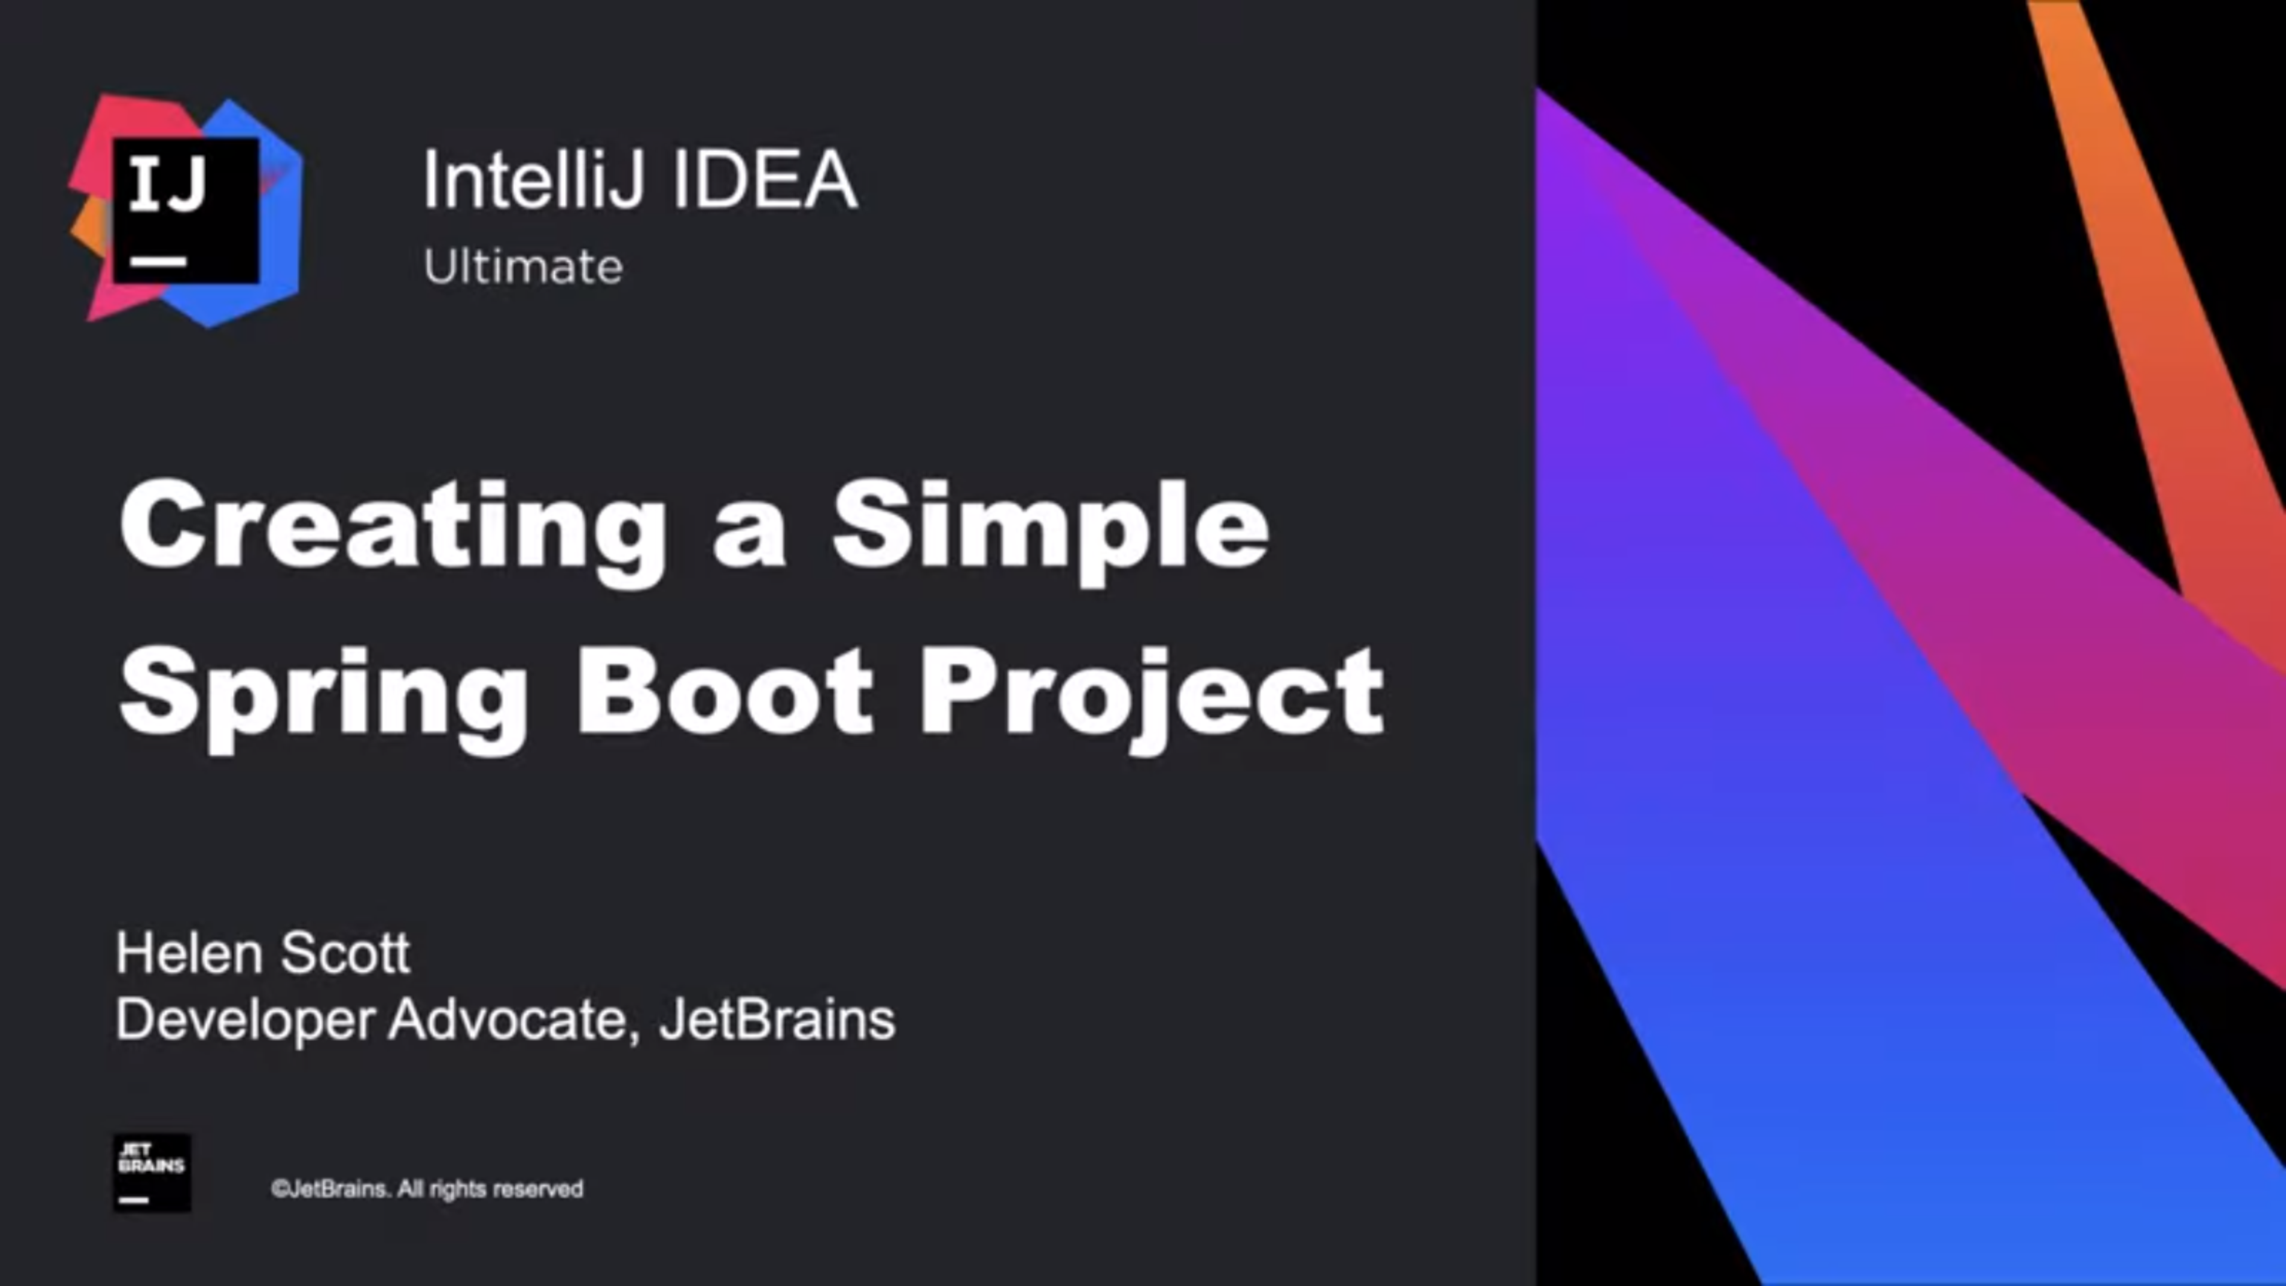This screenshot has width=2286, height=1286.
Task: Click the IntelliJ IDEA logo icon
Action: pyautogui.click(x=185, y=211)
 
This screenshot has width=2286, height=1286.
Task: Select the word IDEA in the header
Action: pyautogui.click(x=765, y=179)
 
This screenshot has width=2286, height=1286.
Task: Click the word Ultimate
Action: pyautogui.click(x=522, y=266)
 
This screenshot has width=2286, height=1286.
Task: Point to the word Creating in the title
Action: pyautogui.click(x=393, y=531)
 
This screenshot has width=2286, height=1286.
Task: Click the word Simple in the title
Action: pyautogui.click(x=1051, y=531)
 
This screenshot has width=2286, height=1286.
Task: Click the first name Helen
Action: pyautogui.click(x=190, y=953)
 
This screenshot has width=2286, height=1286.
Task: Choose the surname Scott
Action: pyautogui.click(x=345, y=953)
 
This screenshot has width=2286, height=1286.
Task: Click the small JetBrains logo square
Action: pyautogui.click(x=152, y=1172)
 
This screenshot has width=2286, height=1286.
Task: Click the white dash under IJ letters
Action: pyautogui.click(x=158, y=262)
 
